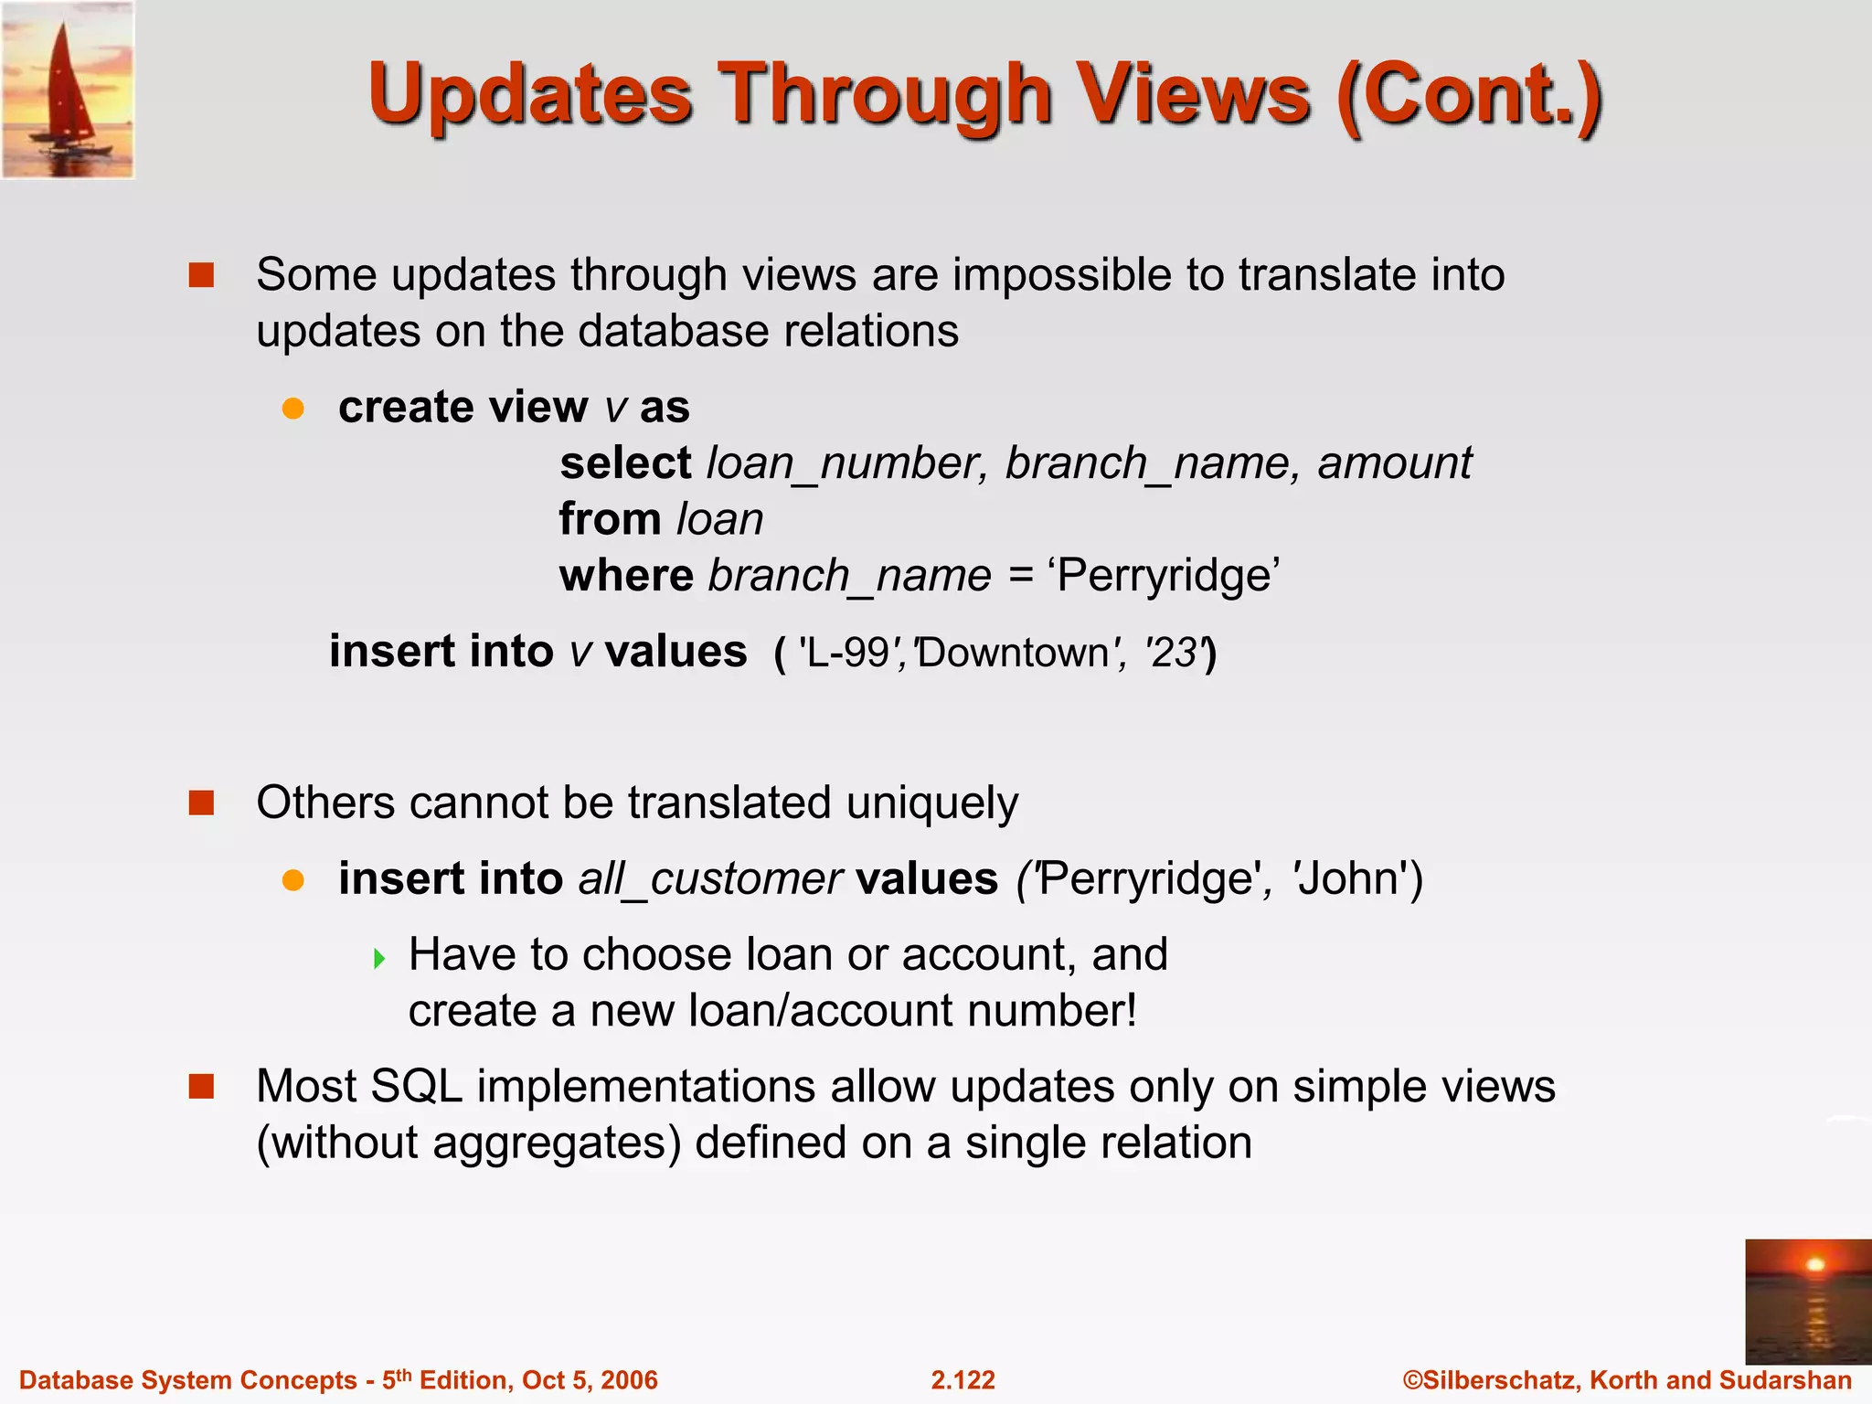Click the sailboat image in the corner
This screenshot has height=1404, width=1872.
click(x=68, y=90)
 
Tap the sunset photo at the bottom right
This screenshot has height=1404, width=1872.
click(x=1808, y=1302)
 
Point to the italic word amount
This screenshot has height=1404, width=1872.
click(x=1394, y=463)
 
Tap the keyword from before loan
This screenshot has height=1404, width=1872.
click(x=610, y=519)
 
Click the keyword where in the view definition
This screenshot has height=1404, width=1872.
click(x=626, y=576)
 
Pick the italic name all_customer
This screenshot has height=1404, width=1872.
click(x=709, y=879)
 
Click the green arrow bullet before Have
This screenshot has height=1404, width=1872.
click(x=379, y=959)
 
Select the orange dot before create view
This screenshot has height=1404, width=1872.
click(x=292, y=408)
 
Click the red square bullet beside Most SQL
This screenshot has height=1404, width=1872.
click(x=201, y=1087)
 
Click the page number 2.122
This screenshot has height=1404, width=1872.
click(x=963, y=1380)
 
